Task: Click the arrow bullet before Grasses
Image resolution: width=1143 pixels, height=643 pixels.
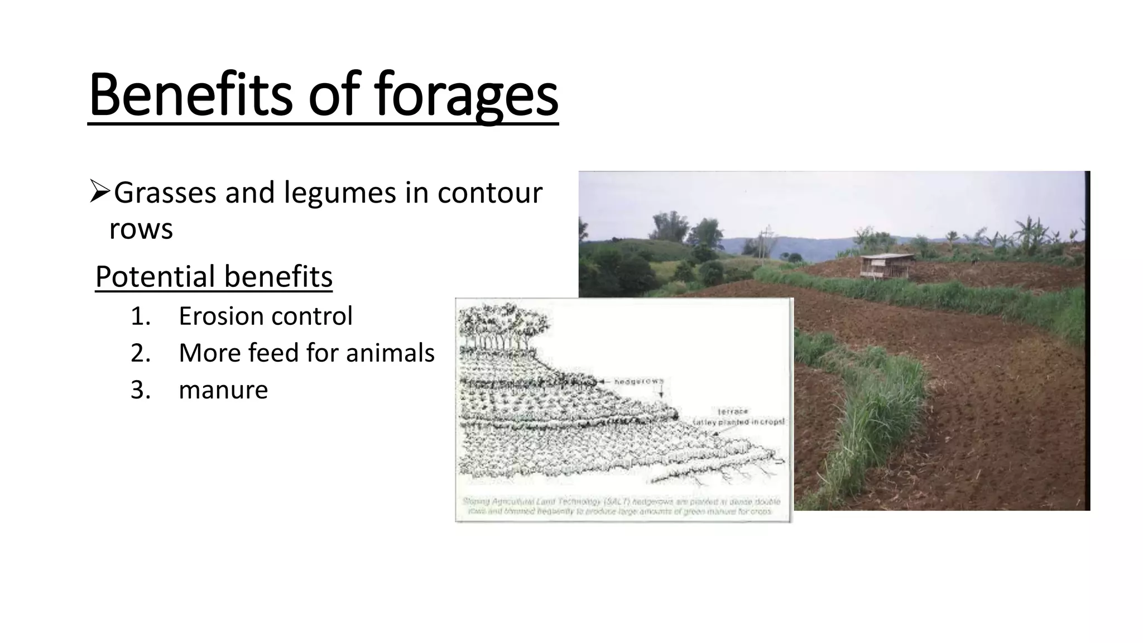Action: [x=100, y=192]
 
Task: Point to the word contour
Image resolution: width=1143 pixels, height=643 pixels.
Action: [x=489, y=193]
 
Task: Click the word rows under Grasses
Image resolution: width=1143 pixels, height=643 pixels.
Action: [x=141, y=228]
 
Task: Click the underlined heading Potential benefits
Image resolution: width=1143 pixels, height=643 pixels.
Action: [x=214, y=276]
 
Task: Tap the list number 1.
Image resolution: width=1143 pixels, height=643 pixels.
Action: [x=140, y=316]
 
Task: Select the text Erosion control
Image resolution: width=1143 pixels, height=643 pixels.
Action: [x=266, y=316]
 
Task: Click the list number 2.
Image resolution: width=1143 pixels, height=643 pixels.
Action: [x=140, y=353]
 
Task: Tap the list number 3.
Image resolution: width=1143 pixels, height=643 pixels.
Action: [x=140, y=390]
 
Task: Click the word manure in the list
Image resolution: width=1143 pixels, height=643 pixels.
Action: [x=223, y=390]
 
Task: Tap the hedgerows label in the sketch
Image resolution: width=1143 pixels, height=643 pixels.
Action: [x=638, y=381]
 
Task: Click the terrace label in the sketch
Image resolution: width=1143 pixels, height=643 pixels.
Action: [x=733, y=411]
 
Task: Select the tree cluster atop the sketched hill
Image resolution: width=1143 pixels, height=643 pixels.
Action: [x=500, y=327]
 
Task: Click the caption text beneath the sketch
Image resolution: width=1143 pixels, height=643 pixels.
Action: [x=621, y=506]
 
